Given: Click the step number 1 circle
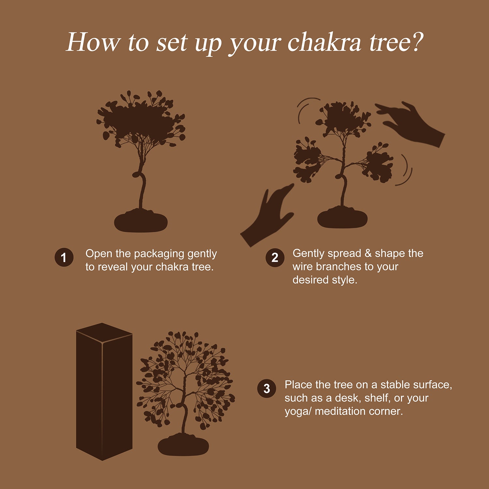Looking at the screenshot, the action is pyautogui.click(x=64, y=258).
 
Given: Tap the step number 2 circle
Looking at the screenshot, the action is pyautogui.click(x=275, y=258).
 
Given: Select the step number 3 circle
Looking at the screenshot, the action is pyautogui.click(x=267, y=389).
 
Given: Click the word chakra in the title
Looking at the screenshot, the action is pyautogui.click(x=324, y=42).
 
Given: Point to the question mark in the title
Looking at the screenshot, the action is pyautogui.click(x=415, y=42).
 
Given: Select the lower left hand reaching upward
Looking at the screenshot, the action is pyautogui.click(x=267, y=215).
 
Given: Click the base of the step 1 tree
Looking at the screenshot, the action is pyautogui.click(x=141, y=222).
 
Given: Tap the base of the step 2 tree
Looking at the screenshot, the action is pyautogui.click(x=342, y=218).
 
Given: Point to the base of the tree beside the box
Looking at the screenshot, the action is pyautogui.click(x=183, y=445).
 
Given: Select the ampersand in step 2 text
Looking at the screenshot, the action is pyautogui.click(x=368, y=253).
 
